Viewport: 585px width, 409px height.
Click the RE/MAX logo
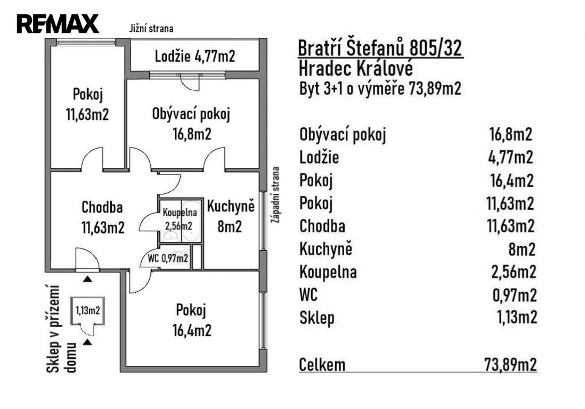(58, 24)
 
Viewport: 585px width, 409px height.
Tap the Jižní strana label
(151, 29)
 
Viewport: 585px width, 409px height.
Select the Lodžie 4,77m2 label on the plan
(195, 56)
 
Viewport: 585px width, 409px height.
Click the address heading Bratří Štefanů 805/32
(380, 50)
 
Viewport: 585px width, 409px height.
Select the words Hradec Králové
(356, 69)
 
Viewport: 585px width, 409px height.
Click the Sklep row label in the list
(317, 318)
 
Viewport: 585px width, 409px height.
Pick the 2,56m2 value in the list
(513, 272)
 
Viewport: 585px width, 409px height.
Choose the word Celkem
(322, 365)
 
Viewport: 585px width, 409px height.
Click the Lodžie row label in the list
(319, 158)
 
